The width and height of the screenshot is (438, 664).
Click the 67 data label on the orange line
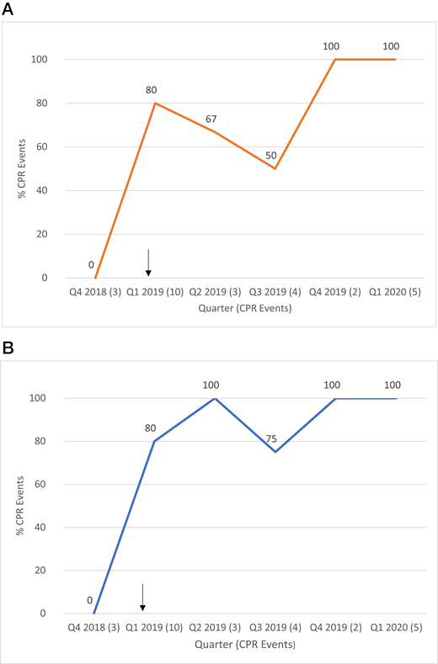click(211, 119)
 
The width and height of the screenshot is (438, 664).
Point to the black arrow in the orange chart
click(148, 263)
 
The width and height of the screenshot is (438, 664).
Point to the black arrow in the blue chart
click(143, 597)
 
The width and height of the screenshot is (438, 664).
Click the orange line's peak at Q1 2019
click(155, 104)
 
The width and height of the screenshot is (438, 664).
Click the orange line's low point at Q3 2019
click(275, 168)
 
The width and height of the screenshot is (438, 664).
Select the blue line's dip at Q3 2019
click(275, 452)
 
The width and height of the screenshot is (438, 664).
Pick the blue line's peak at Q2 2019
click(216, 398)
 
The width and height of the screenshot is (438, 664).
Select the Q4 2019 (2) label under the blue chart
click(336, 628)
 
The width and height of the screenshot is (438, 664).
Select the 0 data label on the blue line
click(89, 600)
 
